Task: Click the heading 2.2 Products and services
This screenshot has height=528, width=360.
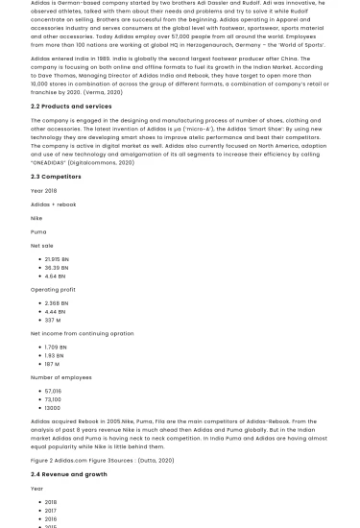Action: coord(71,107)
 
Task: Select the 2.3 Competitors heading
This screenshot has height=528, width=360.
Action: coord(56,177)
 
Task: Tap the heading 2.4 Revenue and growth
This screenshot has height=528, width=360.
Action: coord(69,474)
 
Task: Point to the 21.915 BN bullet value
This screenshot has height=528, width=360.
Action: coord(57,259)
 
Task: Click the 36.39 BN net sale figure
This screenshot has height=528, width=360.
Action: coord(57,268)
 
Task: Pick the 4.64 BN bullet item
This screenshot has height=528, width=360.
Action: coord(56,276)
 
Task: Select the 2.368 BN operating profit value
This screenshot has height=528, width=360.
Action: coord(57,303)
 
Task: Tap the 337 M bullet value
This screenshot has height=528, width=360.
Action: coord(53,321)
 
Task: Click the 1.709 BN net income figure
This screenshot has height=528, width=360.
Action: coord(56,348)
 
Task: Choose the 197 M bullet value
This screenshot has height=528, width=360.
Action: coord(52,365)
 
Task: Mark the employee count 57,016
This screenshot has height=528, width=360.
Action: coord(54,391)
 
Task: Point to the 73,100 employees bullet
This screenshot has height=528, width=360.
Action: coord(54,399)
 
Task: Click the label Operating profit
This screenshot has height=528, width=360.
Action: coord(53,289)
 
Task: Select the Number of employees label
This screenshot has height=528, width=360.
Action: coord(61,377)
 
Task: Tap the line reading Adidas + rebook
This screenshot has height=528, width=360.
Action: coord(53,204)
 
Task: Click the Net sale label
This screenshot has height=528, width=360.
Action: coord(42,246)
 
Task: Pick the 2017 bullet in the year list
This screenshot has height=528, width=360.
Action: coord(51,511)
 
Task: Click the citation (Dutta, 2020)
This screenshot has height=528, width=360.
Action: coord(156,461)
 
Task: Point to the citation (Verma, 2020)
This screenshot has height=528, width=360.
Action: coord(103,92)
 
